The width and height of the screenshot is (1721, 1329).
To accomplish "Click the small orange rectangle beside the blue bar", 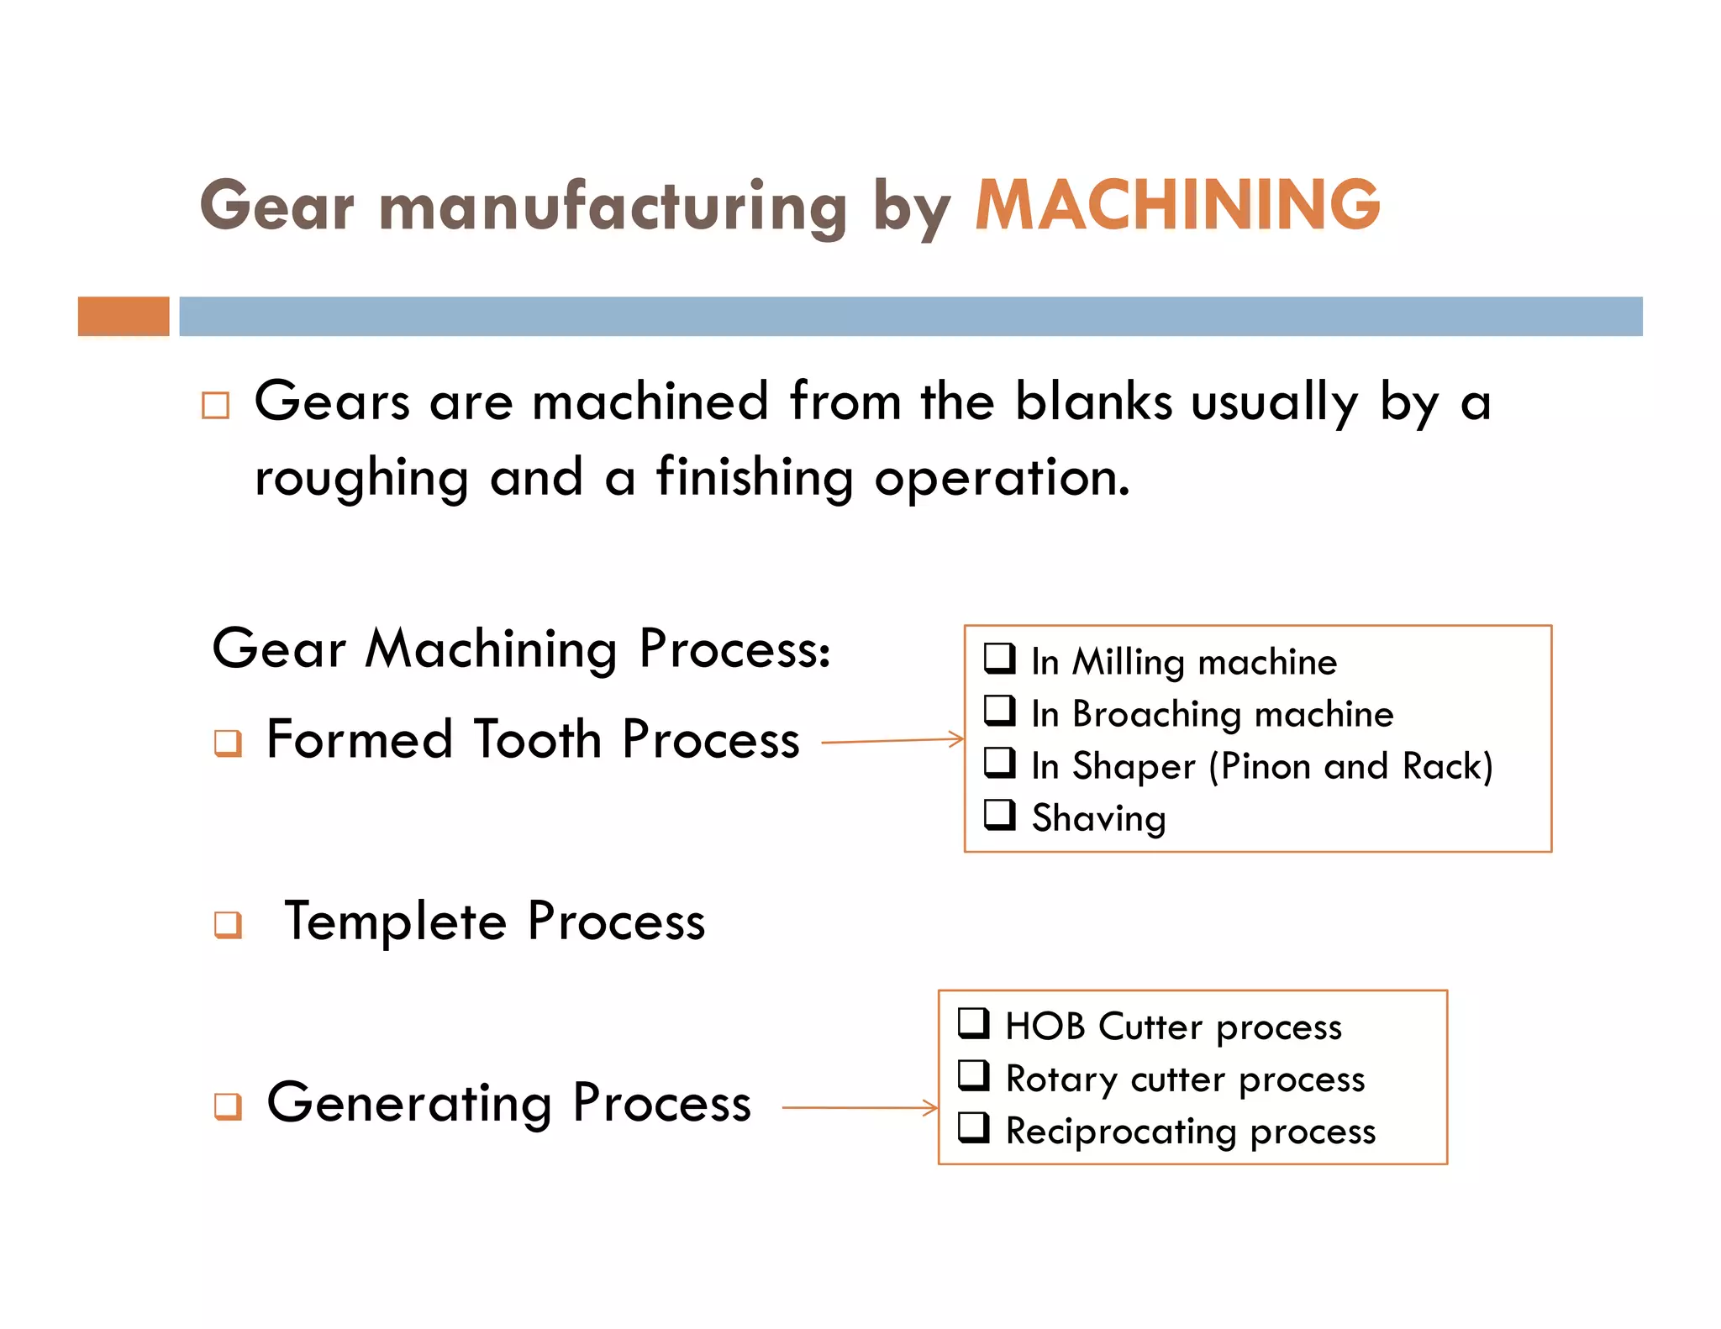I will [x=124, y=317].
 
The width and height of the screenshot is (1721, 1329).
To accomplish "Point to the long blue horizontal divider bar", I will [x=910, y=317].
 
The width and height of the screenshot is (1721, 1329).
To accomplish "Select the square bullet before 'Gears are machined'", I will [x=216, y=406].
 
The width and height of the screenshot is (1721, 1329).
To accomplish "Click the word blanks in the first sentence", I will [x=1093, y=402].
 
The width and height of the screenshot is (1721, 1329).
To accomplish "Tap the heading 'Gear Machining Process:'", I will [x=521, y=649].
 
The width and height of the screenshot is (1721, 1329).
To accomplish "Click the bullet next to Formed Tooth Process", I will [x=228, y=743].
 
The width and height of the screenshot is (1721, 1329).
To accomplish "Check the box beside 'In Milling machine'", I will [x=1000, y=659].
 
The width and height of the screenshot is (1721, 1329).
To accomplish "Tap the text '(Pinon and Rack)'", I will [x=1350, y=767].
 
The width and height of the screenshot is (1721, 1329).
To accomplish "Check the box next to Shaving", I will [x=1000, y=815].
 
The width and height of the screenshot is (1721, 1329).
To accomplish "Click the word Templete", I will [x=395, y=922].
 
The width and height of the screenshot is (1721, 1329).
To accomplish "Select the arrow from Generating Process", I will [x=860, y=1108].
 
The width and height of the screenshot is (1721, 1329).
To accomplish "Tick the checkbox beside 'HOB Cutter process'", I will [x=974, y=1023].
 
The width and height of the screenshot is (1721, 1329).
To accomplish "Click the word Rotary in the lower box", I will [x=1060, y=1079].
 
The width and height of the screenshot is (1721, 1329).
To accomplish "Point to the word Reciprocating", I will [x=1121, y=1132].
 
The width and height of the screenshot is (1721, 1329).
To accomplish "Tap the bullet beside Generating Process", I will [x=228, y=1106].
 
